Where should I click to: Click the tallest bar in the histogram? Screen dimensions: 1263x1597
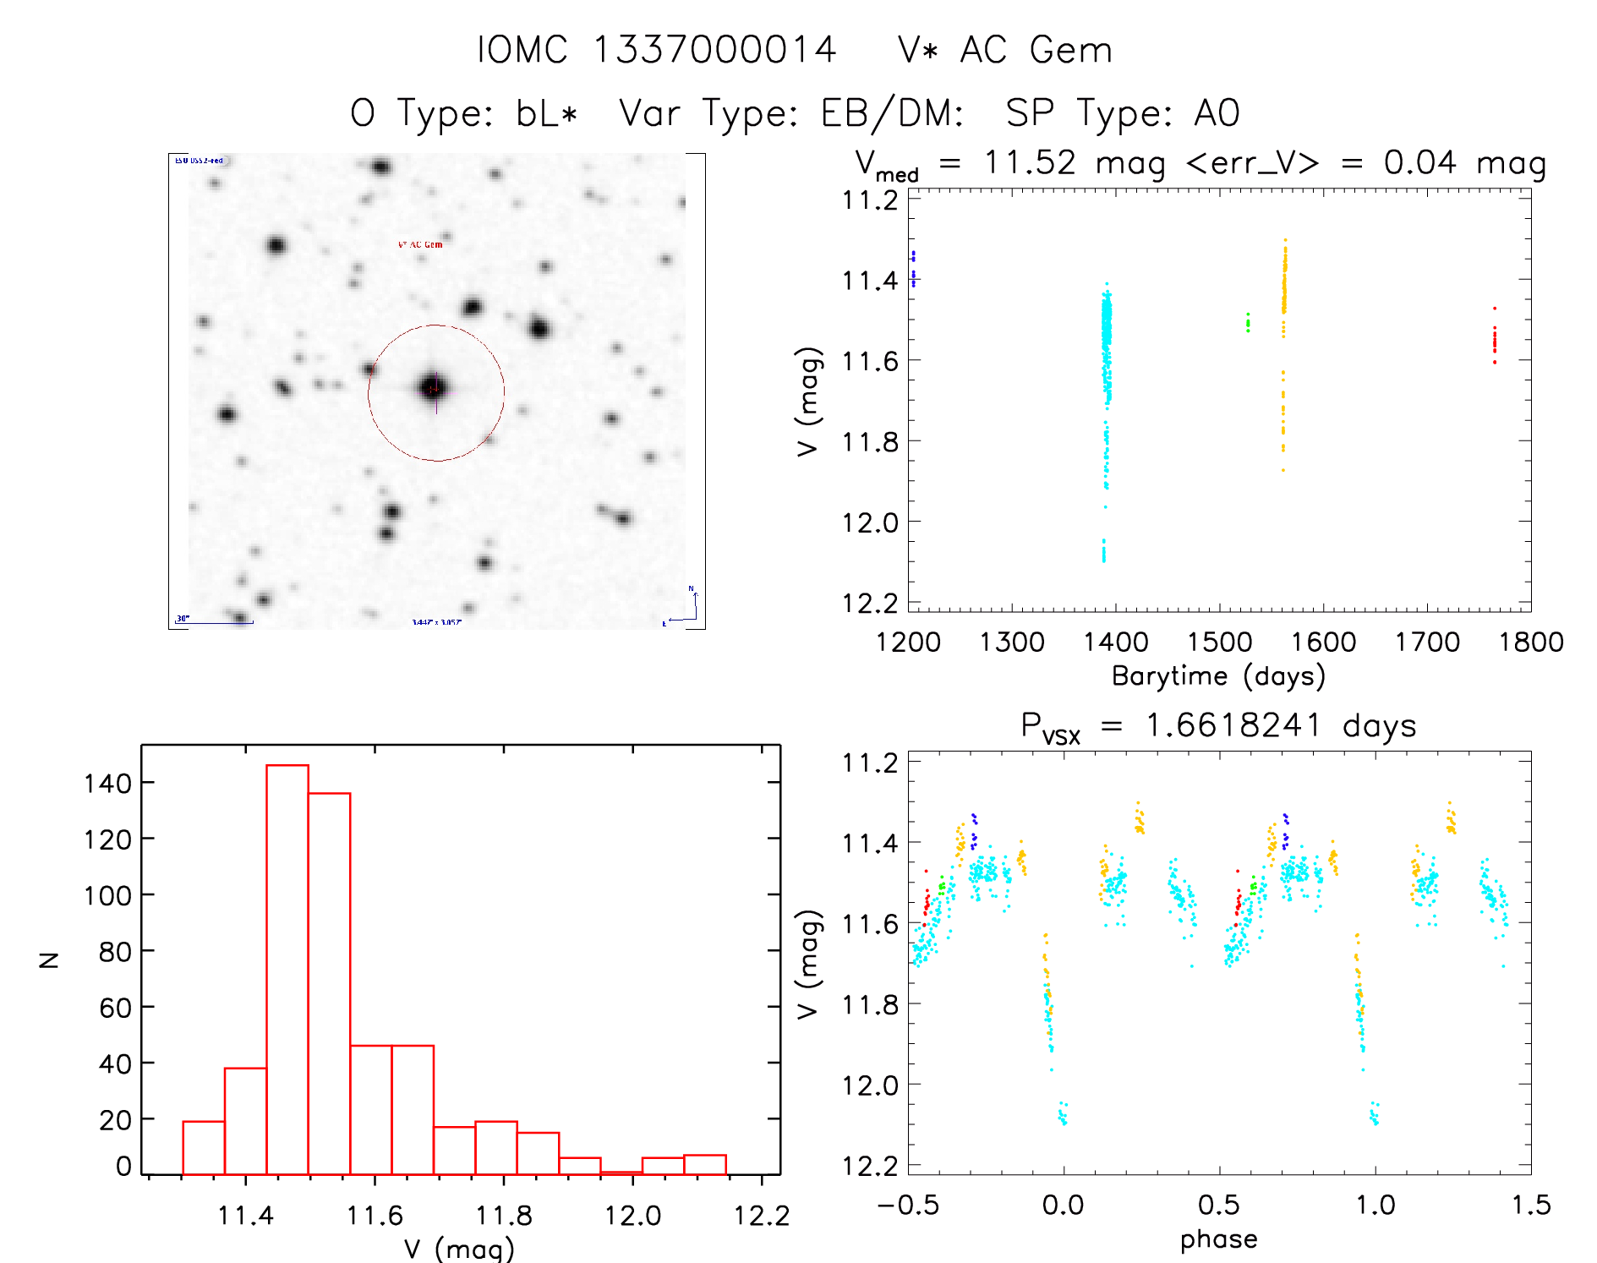point(287,969)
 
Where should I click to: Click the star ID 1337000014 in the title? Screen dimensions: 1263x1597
point(714,50)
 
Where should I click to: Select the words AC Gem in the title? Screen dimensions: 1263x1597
point(1036,50)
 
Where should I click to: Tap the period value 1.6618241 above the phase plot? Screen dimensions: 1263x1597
point(1233,725)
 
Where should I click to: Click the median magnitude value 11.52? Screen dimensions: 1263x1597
point(1030,162)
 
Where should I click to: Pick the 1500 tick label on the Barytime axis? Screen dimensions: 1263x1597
point(1219,642)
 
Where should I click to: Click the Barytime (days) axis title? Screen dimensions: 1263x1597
point(1218,676)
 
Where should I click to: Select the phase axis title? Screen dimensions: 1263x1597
point(1218,1238)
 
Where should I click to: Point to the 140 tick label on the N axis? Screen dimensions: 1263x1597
point(107,783)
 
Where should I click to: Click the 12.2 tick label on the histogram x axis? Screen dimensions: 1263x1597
point(761,1216)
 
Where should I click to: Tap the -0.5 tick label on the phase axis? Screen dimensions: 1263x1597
point(908,1205)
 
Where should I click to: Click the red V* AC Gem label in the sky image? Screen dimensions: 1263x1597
point(420,244)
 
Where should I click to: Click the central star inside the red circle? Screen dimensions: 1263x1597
point(435,388)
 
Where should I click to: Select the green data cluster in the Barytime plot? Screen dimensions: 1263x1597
point(1248,322)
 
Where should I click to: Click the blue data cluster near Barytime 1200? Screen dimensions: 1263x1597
point(913,269)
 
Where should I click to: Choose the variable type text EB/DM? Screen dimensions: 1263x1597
point(892,113)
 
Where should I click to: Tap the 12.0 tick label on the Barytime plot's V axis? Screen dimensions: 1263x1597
point(870,522)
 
